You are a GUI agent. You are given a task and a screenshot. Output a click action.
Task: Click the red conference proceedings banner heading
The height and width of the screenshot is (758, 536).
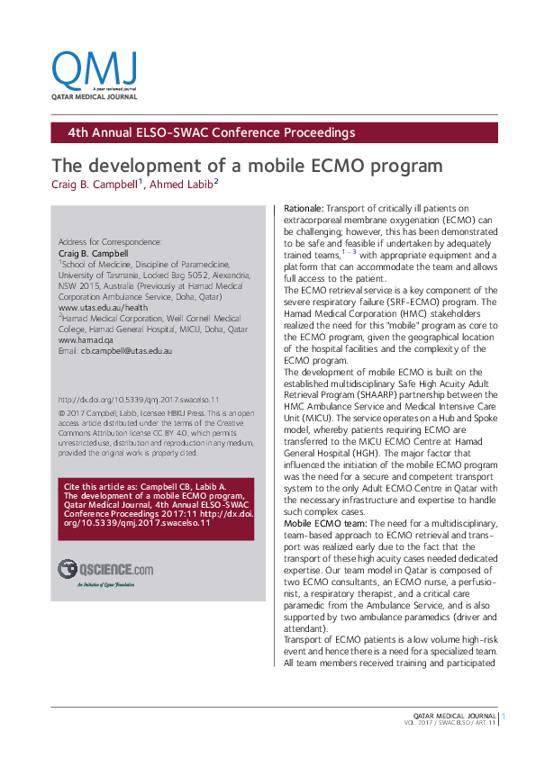[212, 133]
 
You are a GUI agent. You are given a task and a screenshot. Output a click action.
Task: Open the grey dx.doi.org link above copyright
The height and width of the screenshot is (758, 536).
[139, 399]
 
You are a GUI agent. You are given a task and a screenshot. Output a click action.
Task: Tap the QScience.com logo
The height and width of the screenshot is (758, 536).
[105, 568]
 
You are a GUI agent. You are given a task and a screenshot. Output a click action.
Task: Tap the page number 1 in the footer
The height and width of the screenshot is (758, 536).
[504, 717]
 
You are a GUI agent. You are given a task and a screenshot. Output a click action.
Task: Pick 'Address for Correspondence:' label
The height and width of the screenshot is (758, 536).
[110, 242]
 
